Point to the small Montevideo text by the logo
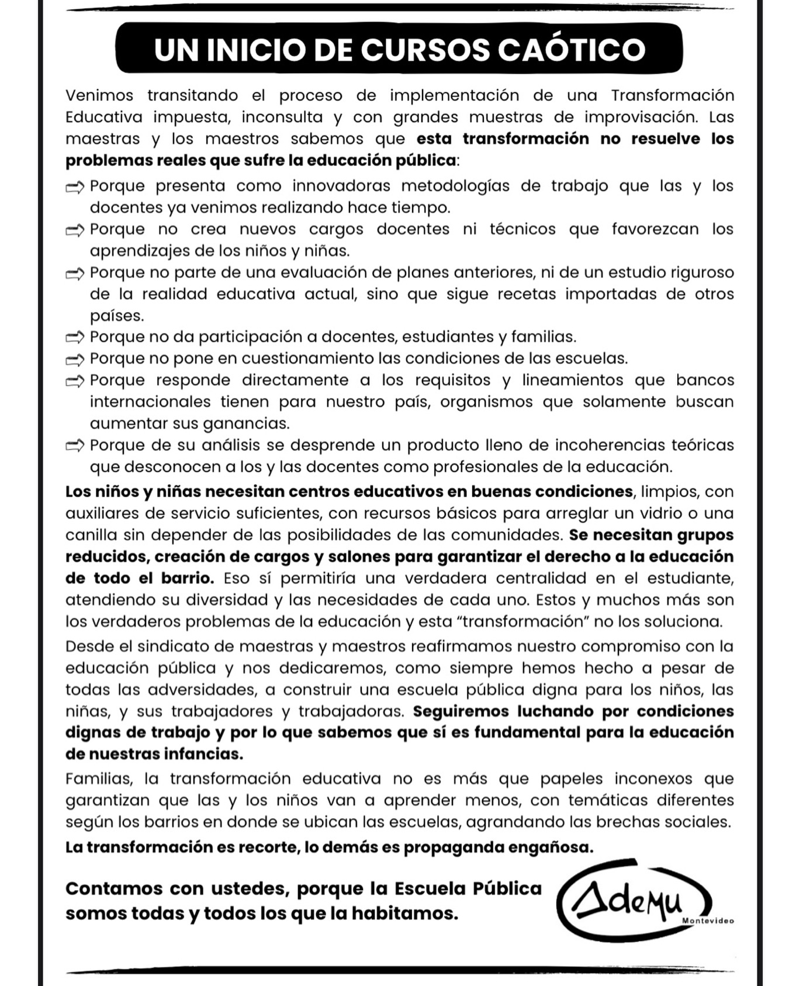(707, 921)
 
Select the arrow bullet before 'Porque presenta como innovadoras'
(75, 187)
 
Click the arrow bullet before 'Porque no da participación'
(75, 337)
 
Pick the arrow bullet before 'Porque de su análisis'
(75, 446)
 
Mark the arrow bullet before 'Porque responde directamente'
(75, 381)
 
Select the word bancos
(705, 380)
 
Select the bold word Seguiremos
(462, 711)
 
